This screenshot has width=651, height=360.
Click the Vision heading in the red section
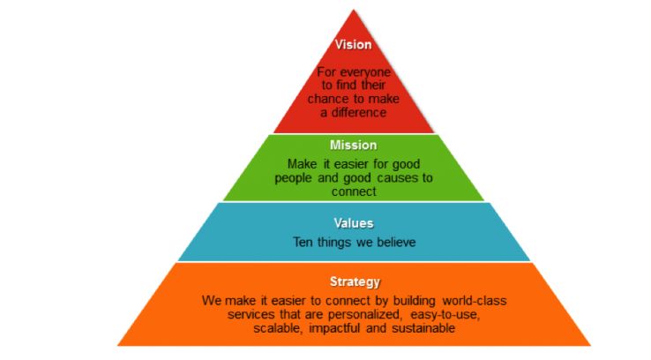point(354,44)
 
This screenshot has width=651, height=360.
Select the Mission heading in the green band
point(354,145)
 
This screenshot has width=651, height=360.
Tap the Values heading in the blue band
point(354,223)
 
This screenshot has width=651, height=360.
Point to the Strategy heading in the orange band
point(355,282)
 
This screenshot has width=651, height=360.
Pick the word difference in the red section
point(359,113)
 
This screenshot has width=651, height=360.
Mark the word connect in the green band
point(354,191)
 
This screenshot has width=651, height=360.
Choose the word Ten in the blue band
point(303,242)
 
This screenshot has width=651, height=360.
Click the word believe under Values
point(396,242)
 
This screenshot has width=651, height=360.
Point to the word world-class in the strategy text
point(475,300)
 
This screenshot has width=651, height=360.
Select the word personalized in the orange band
point(365,314)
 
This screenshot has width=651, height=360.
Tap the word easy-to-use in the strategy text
point(445,314)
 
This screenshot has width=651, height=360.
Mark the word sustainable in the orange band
point(423,328)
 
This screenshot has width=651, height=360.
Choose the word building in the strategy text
point(415,300)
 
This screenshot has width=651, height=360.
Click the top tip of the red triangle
point(354,10)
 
